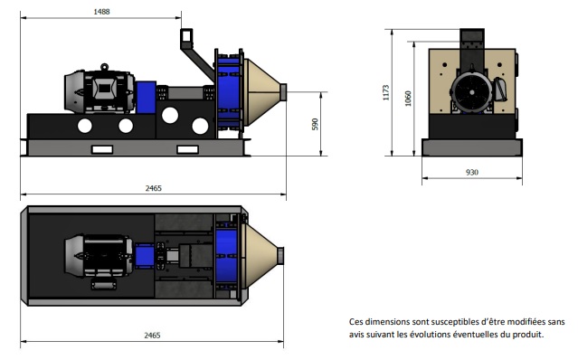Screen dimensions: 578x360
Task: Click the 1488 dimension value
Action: [x=101, y=12]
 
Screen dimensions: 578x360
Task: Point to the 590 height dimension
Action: [x=315, y=124]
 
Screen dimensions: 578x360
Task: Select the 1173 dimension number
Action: [x=386, y=92]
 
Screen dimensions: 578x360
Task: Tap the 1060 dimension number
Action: [x=408, y=99]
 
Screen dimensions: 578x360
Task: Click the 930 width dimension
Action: [x=472, y=172]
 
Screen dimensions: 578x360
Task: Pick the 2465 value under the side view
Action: [x=154, y=188]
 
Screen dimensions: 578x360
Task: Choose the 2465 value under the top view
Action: [x=152, y=335]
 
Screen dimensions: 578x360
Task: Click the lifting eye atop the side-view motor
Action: [x=104, y=67]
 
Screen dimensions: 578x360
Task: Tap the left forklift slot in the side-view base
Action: [x=102, y=149]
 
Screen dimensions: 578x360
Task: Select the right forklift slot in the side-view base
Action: [x=187, y=149]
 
